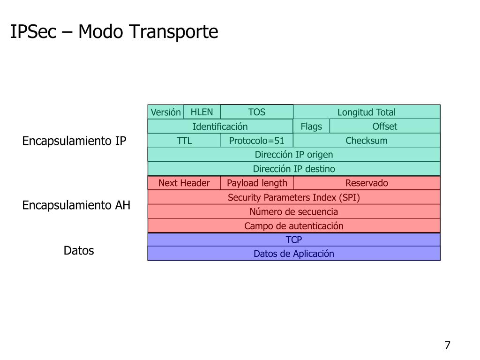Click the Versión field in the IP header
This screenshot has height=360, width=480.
pos(165,112)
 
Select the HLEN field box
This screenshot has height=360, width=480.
pos(202,112)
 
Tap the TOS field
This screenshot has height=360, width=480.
pos(256,112)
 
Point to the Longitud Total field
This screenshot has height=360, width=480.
pos(367,112)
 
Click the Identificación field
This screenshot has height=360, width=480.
pos(220,127)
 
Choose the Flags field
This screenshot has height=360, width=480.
pos(311,127)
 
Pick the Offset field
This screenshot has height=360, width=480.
pos(384,127)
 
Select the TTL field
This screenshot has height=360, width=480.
pos(184,141)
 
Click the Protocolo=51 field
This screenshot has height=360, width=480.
pos(256,141)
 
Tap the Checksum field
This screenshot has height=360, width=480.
pos(367,141)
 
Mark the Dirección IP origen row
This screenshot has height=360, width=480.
pos(294,155)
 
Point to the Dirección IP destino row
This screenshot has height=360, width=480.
pos(294,169)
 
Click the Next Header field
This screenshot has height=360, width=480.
pos(184,183)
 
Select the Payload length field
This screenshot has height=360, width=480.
pos(257,183)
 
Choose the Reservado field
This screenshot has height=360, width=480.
pos(367,183)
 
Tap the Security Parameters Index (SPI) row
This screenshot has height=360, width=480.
pos(294,197)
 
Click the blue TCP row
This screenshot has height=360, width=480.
pos(294,240)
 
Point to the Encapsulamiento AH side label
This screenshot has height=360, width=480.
pos(76,205)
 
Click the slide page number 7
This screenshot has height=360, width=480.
pos(447,346)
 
